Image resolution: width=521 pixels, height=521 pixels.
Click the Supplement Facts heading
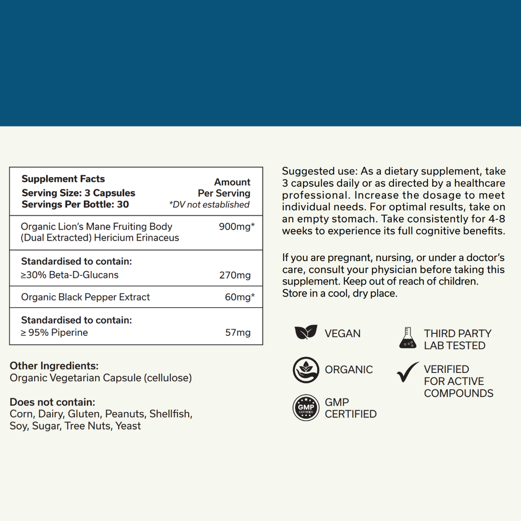click(63, 179)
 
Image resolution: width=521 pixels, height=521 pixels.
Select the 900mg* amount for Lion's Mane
click(236, 226)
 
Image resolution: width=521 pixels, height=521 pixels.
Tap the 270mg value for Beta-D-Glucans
click(235, 275)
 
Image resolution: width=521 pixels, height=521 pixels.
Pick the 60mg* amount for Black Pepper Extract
click(240, 297)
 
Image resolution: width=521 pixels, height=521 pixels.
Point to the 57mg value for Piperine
click(238, 332)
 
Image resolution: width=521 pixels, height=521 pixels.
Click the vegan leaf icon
click(306, 332)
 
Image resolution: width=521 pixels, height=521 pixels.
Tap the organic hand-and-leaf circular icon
click(306, 370)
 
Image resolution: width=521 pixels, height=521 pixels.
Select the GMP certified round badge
click(306, 408)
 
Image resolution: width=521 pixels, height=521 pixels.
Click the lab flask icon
click(408, 338)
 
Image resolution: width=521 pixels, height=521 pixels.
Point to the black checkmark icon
click(408, 372)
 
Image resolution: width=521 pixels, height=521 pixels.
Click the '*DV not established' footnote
click(209, 205)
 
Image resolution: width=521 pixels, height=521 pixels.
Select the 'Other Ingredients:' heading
click(54, 366)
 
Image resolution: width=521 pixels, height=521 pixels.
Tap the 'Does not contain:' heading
click(53, 402)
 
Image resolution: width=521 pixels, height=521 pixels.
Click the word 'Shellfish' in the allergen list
click(170, 414)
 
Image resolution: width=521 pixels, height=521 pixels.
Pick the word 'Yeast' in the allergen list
click(128, 426)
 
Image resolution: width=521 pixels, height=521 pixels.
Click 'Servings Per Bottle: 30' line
click(75, 204)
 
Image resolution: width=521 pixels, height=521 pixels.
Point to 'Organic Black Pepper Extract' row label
click(85, 297)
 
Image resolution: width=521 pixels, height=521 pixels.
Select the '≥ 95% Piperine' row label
click(55, 332)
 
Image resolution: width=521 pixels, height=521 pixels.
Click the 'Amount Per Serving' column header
click(225, 188)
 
